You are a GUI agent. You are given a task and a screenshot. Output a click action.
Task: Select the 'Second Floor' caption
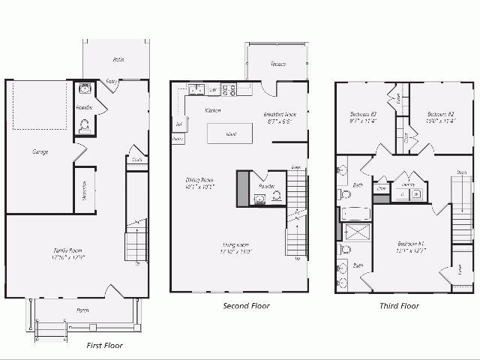(x=246, y=306)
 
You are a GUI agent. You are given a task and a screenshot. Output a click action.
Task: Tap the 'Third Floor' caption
(x=399, y=306)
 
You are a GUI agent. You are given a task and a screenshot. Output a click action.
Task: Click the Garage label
(x=40, y=152)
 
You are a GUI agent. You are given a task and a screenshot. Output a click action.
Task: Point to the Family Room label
(x=68, y=254)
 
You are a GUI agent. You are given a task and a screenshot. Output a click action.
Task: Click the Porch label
(x=83, y=310)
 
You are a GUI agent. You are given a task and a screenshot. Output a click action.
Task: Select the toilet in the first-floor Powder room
(x=84, y=127)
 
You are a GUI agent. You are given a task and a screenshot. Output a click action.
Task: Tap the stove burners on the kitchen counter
(x=229, y=90)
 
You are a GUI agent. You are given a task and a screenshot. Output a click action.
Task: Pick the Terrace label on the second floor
(x=268, y=64)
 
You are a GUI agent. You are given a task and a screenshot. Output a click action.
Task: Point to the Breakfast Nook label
(x=277, y=117)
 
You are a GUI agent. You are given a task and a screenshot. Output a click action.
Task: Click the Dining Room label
(x=200, y=183)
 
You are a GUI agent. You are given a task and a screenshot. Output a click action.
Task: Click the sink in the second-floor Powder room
(x=259, y=198)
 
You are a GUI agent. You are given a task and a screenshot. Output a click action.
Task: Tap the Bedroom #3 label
(x=363, y=117)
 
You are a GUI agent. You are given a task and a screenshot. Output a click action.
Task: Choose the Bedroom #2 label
(x=430, y=117)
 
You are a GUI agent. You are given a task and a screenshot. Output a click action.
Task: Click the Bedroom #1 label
(x=411, y=247)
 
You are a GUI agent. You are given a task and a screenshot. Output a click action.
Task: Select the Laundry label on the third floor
(x=409, y=184)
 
